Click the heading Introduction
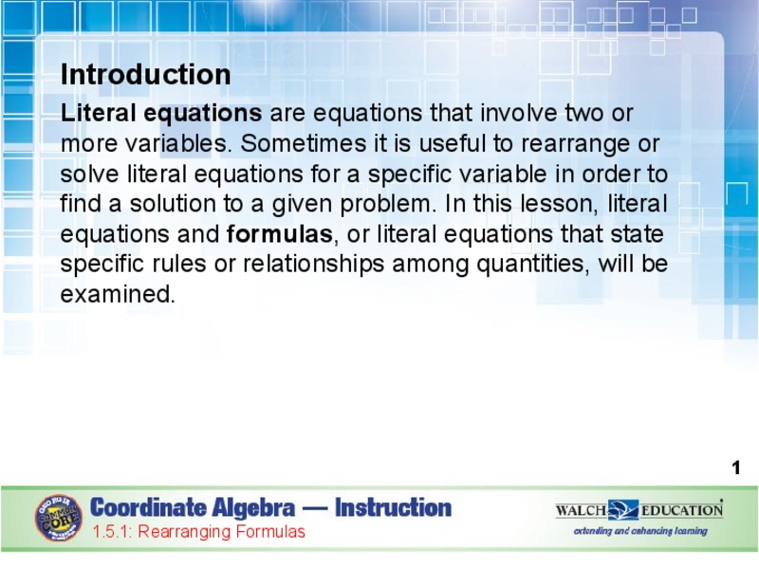coord(145,75)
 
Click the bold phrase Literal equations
coord(161,114)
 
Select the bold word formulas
coord(280,234)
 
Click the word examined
coord(118,295)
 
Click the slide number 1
coord(735,468)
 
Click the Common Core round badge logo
coord(59,518)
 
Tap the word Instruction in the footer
coord(393,508)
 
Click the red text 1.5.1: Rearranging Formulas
coord(198,532)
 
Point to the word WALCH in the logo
coord(581,510)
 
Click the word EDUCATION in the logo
coord(681,510)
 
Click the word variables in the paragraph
coord(147,144)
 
